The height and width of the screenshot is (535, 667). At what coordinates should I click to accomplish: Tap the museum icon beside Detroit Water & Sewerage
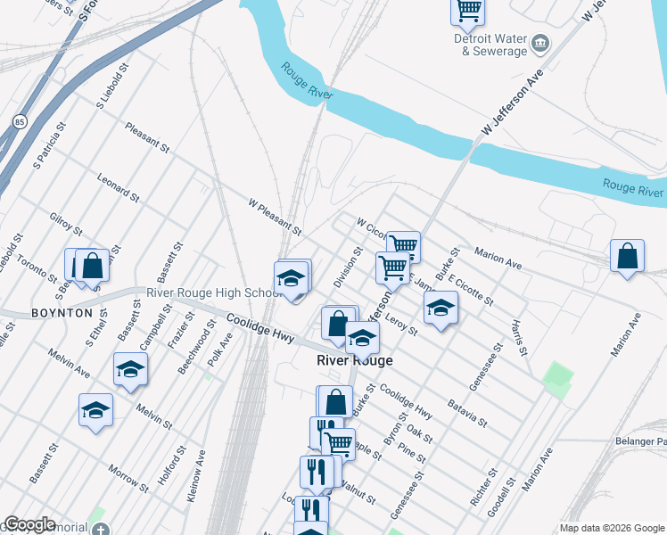[540, 43]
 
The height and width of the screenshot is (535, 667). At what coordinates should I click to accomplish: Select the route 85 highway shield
[19, 120]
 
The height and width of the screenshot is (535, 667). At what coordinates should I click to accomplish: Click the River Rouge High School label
[214, 293]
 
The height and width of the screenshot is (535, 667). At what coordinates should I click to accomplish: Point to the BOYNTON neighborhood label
[62, 313]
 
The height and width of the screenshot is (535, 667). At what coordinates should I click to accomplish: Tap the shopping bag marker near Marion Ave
[628, 256]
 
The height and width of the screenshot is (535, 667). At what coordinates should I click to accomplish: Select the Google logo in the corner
[29, 524]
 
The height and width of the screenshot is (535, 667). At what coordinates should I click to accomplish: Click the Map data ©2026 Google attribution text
[612, 528]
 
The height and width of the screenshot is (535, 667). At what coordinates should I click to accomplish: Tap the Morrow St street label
[128, 478]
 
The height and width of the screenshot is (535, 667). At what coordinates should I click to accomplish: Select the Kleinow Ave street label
[196, 477]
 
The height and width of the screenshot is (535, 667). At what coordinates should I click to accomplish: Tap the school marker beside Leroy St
[440, 309]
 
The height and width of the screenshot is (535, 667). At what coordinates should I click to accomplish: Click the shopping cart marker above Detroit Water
[467, 10]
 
